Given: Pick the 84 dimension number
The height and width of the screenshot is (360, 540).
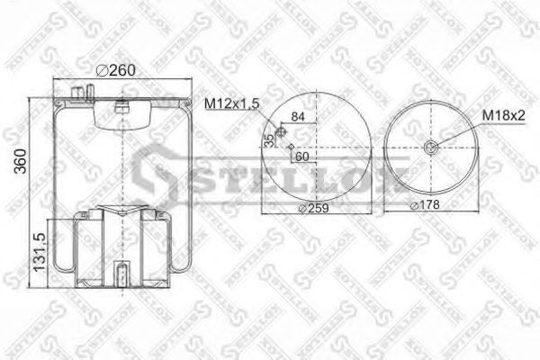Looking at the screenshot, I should click(299, 118).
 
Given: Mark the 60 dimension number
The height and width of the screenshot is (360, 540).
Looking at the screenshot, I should click(301, 157).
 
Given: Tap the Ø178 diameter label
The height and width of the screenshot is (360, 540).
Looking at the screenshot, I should click(426, 206).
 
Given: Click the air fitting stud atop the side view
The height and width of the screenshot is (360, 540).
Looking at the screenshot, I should click(86, 91).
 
